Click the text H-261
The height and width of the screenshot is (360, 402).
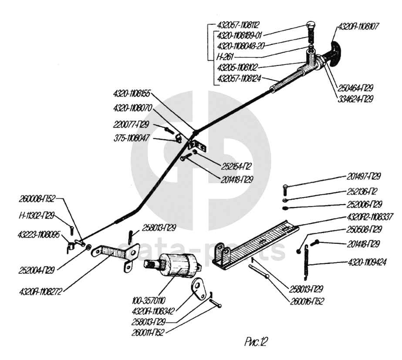(227, 57)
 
